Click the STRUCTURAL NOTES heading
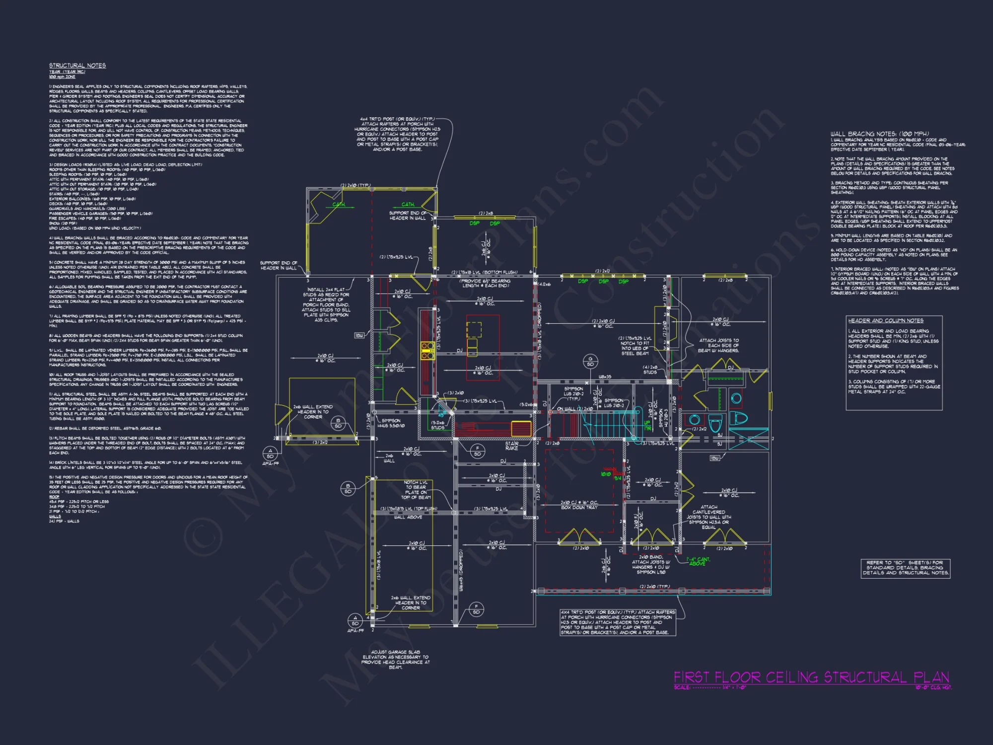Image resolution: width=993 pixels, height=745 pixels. [x=77, y=66]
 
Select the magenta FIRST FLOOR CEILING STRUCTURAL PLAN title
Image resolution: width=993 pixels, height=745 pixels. [x=811, y=677]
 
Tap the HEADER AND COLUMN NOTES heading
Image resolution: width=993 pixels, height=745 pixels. [x=886, y=321]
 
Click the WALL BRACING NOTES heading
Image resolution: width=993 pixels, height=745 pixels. [x=879, y=134]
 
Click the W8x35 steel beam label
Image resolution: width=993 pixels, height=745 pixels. [x=605, y=377]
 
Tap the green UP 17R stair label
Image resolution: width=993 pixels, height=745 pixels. [x=647, y=425]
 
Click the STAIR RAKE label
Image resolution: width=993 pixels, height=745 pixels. [x=511, y=446]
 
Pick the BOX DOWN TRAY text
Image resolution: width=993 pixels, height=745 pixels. [x=579, y=508]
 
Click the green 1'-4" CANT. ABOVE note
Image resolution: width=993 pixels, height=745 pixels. [x=698, y=561]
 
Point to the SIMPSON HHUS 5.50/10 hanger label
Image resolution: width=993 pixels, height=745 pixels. [x=391, y=423]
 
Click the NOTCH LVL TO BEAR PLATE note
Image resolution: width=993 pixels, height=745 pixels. [x=416, y=490]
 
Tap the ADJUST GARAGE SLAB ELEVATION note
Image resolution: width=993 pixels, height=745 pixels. [x=395, y=660]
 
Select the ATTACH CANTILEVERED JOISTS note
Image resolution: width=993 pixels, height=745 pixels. [x=709, y=517]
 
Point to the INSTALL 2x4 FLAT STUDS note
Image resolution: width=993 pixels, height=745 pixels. [x=326, y=304]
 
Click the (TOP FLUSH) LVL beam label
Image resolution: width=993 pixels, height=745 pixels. [x=409, y=509]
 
